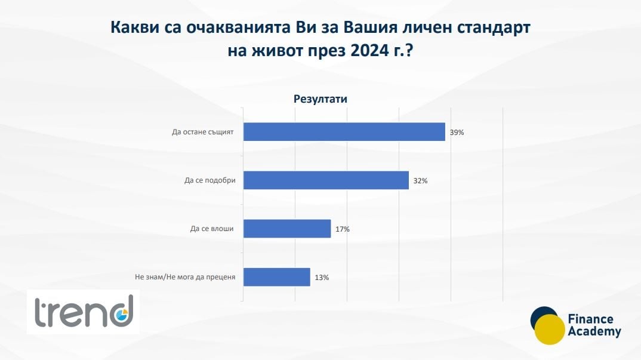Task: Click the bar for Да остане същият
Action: (344, 132)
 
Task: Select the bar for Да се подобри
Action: (326, 180)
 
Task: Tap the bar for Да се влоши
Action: (287, 228)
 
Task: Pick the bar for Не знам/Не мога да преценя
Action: (277, 277)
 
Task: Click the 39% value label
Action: (457, 133)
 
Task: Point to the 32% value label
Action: (420, 181)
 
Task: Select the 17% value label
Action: (343, 229)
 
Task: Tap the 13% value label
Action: (322, 278)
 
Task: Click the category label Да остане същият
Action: (203, 132)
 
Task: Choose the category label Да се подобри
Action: (209, 180)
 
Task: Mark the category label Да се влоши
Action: (212, 229)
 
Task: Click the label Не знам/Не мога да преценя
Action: (185, 277)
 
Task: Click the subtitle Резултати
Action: (320, 99)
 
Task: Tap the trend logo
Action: (84, 312)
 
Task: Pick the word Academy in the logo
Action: (594, 331)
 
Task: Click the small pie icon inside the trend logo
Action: (121, 315)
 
